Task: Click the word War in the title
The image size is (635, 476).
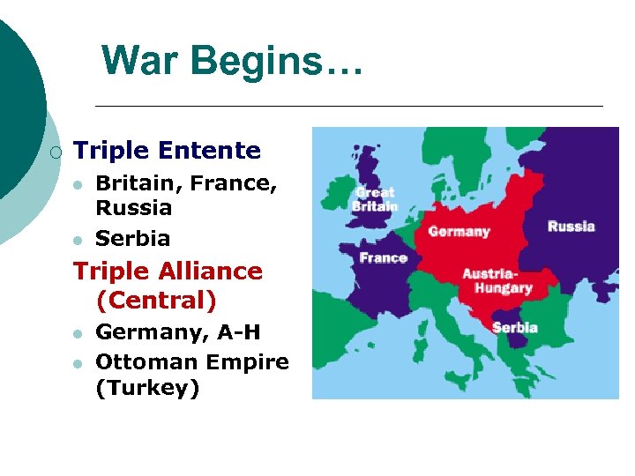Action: coord(141,62)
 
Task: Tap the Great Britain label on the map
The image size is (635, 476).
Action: coord(375,199)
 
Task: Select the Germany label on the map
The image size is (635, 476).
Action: coord(459,232)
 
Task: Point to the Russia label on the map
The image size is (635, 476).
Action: coord(571,227)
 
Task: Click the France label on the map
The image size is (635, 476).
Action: coord(383,258)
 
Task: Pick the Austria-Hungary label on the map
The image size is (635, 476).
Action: coord(497,281)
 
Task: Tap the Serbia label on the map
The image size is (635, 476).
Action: coord(514,327)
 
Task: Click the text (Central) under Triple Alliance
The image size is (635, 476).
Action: coord(156,301)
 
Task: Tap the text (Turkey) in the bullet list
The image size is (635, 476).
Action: coord(147,388)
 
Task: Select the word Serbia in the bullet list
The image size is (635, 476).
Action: coord(132,238)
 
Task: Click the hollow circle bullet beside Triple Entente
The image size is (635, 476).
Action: coord(56,152)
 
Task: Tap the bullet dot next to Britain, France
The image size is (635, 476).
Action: coord(78,185)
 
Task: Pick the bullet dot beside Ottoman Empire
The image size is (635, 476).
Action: coord(78,363)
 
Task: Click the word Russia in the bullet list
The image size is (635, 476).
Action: coord(133,208)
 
